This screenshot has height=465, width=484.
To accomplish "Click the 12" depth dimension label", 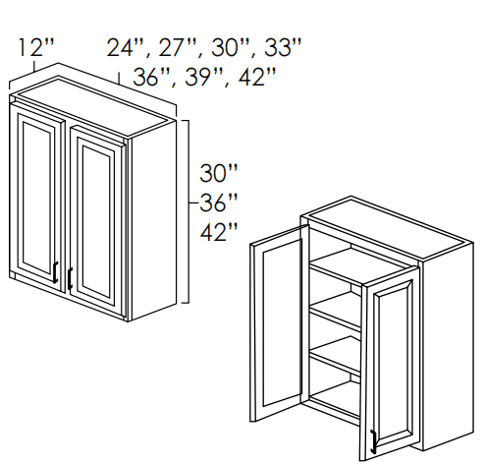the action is pos(35,47).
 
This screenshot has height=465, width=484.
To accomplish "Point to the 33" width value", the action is pos(283,48).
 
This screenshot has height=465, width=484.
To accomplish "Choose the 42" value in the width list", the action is pos(257,78).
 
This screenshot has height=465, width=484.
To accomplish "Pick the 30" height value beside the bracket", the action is pos(218,173).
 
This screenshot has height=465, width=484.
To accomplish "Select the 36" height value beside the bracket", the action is pos(218,203).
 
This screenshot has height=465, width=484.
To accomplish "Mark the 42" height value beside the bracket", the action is pos(218,232).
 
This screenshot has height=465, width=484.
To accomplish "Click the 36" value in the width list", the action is pos(151,78).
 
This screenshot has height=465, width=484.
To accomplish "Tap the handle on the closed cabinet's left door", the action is pos(56,272).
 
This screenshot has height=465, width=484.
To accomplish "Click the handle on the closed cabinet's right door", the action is pos(70,278).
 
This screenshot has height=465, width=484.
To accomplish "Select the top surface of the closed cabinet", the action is pos(92,104).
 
